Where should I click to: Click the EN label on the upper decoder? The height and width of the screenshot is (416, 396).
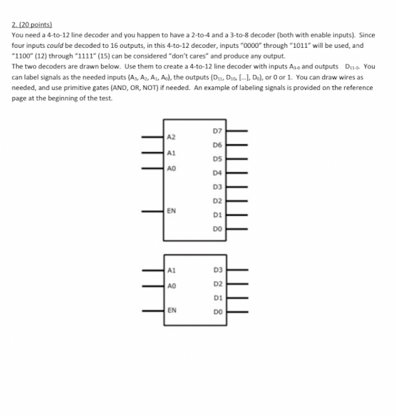pos(171,211)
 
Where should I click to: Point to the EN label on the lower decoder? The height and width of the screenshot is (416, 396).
pos(171,310)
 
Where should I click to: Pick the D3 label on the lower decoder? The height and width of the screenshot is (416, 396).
pos(226,270)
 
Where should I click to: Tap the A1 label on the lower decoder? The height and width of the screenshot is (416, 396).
pos(171,270)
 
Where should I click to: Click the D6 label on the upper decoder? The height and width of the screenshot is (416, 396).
pos(227,144)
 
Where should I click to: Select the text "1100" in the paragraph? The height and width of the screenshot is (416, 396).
pos(24,56)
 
